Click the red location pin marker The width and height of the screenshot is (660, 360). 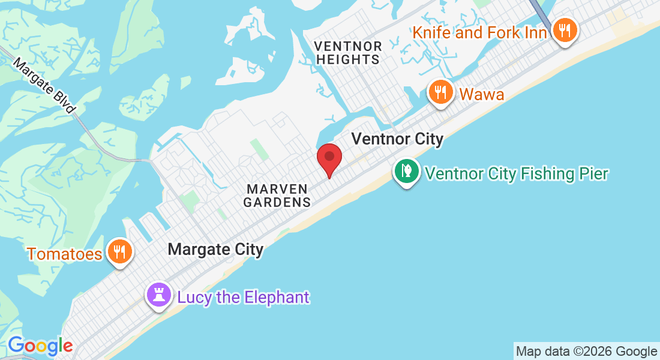click(329, 158)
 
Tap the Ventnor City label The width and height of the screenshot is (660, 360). click(397, 139)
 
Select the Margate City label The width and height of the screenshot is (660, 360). click(215, 249)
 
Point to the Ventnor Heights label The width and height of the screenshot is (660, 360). click(348, 53)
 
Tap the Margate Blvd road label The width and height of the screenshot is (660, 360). click(45, 86)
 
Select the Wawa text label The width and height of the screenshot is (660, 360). click(482, 94)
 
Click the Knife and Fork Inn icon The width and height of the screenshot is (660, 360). click(564, 28)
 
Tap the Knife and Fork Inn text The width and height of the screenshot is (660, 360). click(480, 32)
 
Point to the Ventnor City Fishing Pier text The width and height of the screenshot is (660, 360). click(517, 174)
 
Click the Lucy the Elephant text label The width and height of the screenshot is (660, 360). click(243, 297)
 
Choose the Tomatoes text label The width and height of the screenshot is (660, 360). click(64, 254)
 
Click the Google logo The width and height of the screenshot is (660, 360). click(40, 346)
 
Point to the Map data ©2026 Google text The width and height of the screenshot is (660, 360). click(586, 352)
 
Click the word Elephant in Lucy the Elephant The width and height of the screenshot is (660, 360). click(277, 297)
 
